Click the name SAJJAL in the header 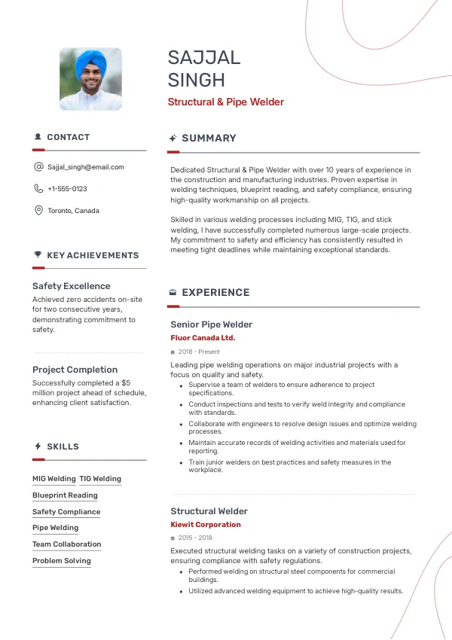204,58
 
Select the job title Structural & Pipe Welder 225,102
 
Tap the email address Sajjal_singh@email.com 85,167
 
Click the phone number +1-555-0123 67,189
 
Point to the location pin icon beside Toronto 38,211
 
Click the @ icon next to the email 38,167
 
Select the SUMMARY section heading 209,139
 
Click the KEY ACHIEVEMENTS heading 93,255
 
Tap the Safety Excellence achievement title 72,286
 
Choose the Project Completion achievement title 75,370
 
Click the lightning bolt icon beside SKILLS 38,446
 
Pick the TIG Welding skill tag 100,479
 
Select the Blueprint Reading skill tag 65,495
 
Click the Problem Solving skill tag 61,561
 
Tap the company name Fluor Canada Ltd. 203,338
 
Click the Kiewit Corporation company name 206,525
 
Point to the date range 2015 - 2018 195,538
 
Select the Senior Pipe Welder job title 211,325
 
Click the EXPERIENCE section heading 215,293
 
